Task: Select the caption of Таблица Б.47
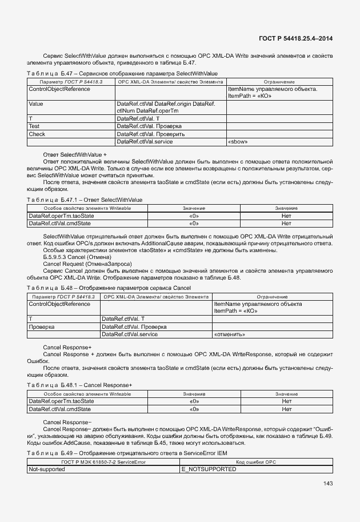pyautogui.click(x=122, y=74)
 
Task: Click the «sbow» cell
pyautogui.click(x=238, y=141)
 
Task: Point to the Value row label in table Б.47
pyautogui.click(x=36, y=104)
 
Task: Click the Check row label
pyautogui.click(x=37, y=134)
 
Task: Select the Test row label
pyautogui.click(x=34, y=126)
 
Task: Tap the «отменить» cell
pyautogui.click(x=230, y=334)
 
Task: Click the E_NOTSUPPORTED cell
pyautogui.click(x=209, y=469)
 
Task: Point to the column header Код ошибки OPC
pyautogui.click(x=255, y=461)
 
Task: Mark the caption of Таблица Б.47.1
pyautogui.click(x=85, y=200)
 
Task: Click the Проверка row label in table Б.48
pyautogui.click(x=42, y=326)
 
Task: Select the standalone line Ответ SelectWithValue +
pyautogui.click(x=75, y=155)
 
